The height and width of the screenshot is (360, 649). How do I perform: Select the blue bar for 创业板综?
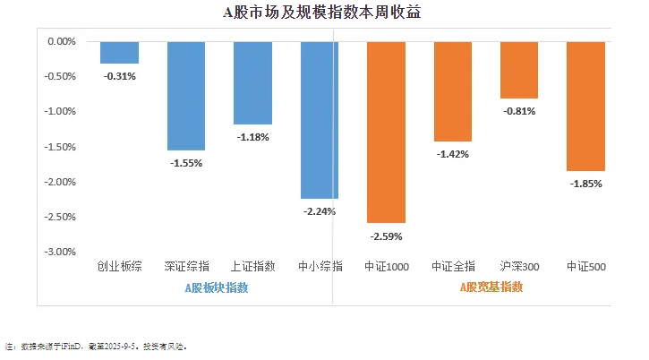click(x=119, y=52)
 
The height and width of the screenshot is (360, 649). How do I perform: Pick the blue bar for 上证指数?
click(x=252, y=82)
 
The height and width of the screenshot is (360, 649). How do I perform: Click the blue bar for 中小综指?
click(x=319, y=119)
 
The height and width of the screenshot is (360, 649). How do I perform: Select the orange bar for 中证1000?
click(x=386, y=132)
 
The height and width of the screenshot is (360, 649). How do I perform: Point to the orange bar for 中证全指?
click(x=452, y=90)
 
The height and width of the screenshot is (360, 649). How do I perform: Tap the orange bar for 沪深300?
click(x=519, y=70)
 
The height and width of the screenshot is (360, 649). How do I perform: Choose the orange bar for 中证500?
click(x=585, y=106)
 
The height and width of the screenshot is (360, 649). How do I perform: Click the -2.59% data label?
click(x=386, y=236)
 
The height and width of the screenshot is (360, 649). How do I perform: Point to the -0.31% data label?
click(x=119, y=76)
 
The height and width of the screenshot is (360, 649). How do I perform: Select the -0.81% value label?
click(x=519, y=111)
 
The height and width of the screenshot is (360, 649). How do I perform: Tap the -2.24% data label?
click(x=319, y=211)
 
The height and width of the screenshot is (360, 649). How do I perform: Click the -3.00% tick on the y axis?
click(x=60, y=252)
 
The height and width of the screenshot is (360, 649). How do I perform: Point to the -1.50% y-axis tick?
click(x=60, y=147)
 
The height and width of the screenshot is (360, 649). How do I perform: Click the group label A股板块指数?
click(x=217, y=288)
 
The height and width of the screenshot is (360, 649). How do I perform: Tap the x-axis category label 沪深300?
click(x=519, y=266)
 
